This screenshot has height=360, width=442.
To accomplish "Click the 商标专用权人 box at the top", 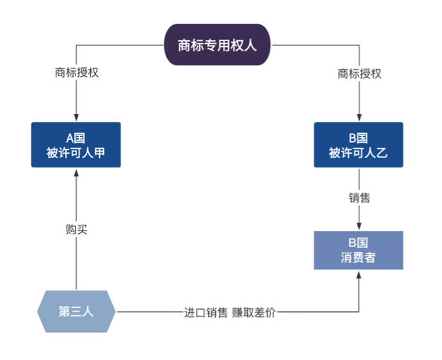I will click(217, 45).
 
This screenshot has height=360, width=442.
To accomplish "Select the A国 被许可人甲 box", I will click(76, 145).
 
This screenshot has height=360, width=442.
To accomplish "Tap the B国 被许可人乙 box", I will click(358, 145).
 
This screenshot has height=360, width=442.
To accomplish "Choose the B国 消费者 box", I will click(358, 250).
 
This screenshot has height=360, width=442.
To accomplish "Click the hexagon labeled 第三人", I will click(76, 312).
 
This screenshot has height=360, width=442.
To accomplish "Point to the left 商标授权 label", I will click(76, 73).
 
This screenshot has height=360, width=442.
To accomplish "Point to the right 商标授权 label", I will click(359, 73).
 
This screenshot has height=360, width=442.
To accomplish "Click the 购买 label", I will click(76, 229).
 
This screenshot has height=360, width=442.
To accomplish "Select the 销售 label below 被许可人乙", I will click(359, 198).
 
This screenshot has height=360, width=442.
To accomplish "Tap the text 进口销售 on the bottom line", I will click(206, 313).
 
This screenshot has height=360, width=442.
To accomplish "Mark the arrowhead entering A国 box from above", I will click(76, 118).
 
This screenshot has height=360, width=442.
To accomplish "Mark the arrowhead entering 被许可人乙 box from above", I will click(359, 118).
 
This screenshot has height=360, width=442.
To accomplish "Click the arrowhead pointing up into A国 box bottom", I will click(76, 172).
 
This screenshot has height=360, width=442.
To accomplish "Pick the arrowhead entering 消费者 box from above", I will click(359, 227).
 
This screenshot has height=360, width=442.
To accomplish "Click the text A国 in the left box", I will click(76, 137).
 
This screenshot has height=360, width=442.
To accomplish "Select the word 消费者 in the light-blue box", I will click(358, 259).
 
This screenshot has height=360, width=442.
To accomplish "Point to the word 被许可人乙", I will click(358, 153).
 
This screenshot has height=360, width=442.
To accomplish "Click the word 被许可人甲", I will click(76, 153).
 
